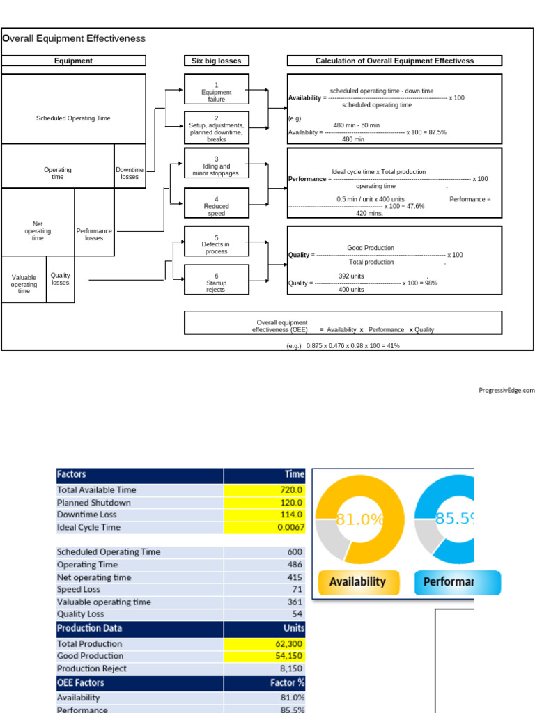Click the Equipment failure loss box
point(216,92)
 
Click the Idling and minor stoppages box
point(216,166)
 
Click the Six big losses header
point(216,61)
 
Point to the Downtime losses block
point(130,173)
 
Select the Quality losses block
point(61,279)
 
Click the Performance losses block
point(94,234)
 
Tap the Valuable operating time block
point(24,284)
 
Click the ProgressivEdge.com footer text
point(506,391)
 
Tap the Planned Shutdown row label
point(94,502)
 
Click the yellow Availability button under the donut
point(357,582)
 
